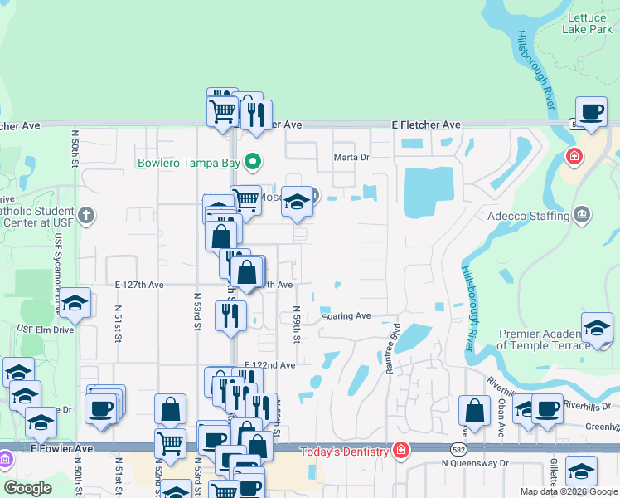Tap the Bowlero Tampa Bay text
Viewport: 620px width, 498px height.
192,161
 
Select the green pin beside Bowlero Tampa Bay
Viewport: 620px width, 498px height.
256,161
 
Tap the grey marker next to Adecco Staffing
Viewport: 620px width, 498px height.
582,215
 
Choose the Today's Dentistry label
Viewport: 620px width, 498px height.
344,452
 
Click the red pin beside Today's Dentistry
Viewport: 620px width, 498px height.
401,451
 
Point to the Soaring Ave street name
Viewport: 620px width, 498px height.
346,316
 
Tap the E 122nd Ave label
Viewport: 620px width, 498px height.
270,365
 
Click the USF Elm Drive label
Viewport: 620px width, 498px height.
46,330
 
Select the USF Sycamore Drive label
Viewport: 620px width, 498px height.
59,273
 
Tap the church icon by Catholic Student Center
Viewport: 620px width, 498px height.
85,217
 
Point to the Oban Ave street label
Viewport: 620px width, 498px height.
501,421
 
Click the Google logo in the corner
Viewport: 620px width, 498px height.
27,488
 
